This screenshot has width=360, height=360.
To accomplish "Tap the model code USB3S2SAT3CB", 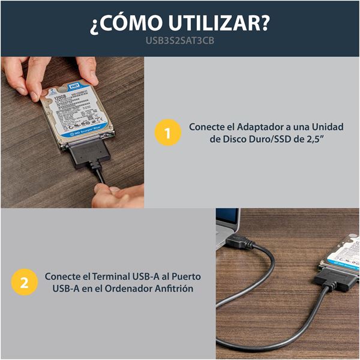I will (x=179, y=42).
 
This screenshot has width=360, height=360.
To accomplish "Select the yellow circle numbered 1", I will (x=167, y=133).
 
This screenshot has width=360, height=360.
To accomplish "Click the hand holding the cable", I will (x=117, y=195).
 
